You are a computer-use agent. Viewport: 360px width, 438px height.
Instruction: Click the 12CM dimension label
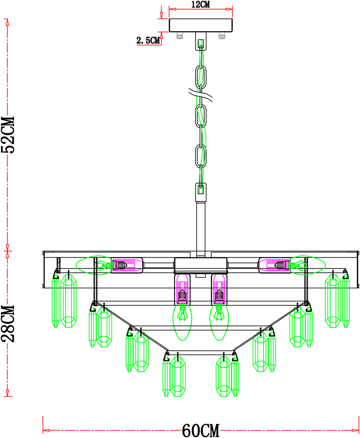click(200, 4)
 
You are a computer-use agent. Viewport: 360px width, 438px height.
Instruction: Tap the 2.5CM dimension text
click(148, 40)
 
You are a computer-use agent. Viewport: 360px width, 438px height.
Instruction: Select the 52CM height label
click(8, 135)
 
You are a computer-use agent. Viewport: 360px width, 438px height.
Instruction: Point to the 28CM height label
click(8, 324)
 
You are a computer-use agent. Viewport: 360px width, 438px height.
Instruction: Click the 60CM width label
click(201, 431)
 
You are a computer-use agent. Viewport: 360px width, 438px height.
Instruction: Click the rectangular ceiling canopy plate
click(201, 25)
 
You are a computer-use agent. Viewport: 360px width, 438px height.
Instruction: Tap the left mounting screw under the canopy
click(180, 36)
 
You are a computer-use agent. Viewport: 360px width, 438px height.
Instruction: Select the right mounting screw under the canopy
click(222, 36)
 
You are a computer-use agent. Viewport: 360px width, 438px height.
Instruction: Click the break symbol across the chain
click(201, 95)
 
